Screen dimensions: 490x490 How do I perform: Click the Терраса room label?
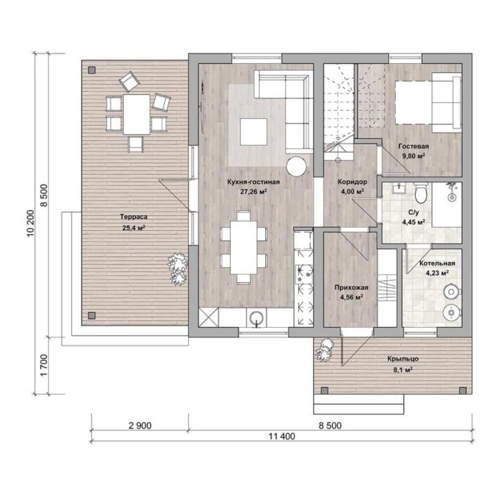[x=133, y=217]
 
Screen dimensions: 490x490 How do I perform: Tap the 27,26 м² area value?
[x=253, y=192]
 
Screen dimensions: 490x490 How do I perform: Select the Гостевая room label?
[x=413, y=146]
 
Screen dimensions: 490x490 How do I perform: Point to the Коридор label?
[x=352, y=181]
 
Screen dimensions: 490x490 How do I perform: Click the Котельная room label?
[x=437, y=263]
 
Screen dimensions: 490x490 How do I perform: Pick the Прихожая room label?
[x=351, y=287]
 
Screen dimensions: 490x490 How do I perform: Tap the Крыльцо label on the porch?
[x=403, y=359]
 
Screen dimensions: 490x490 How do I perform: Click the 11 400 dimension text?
[x=282, y=436]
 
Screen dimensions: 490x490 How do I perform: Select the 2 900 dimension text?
[x=140, y=425]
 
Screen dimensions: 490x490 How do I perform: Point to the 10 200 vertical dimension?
[x=31, y=223]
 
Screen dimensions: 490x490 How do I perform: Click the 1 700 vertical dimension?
[x=44, y=365]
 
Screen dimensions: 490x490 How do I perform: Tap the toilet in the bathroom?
[x=420, y=193]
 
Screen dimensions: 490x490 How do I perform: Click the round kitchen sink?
[x=256, y=317]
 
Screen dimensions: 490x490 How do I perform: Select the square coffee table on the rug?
[x=253, y=132]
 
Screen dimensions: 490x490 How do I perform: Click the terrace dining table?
[x=137, y=114]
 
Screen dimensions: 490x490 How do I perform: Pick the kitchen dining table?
[x=244, y=248]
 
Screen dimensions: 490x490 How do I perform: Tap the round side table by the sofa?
[x=296, y=166]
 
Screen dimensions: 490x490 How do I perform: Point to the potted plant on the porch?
[x=324, y=350]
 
